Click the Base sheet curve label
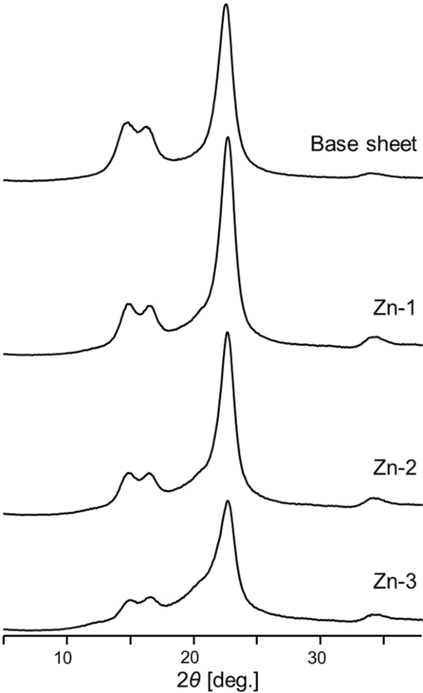364,146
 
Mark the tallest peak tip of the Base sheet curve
226,5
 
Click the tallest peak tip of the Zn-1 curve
228,138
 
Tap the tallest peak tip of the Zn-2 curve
228,333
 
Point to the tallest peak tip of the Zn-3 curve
228,501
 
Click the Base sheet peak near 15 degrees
127,123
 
